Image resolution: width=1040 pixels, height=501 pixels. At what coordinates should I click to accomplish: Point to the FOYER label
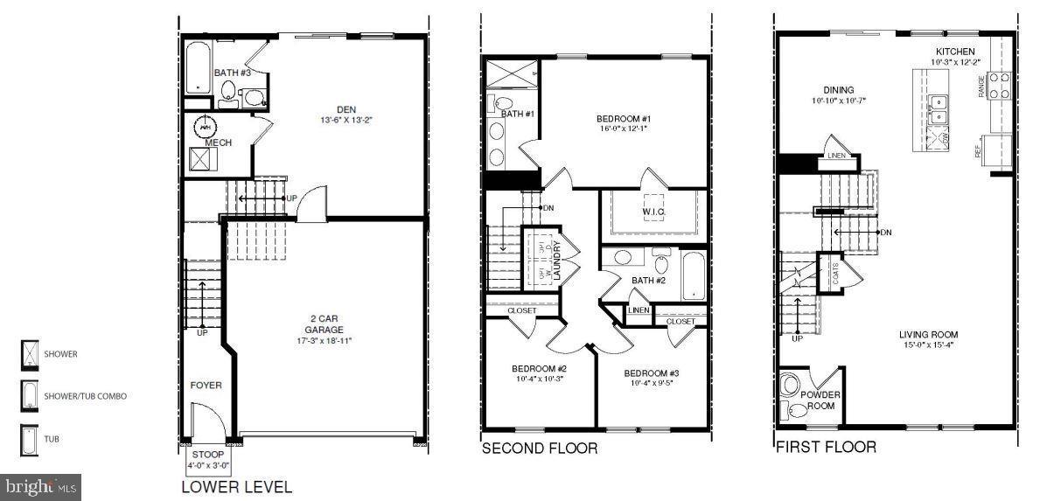click(206, 385)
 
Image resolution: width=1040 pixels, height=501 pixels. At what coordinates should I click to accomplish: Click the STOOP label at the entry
click(207, 455)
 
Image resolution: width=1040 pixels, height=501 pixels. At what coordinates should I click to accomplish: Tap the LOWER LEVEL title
click(236, 487)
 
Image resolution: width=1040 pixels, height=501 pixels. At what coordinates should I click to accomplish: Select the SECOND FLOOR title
click(540, 449)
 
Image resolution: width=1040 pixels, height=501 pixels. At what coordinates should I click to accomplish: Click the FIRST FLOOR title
click(827, 448)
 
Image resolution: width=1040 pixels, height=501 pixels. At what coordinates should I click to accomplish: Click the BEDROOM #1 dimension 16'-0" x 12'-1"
click(624, 129)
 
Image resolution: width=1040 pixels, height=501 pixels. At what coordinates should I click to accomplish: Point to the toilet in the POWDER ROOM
click(792, 385)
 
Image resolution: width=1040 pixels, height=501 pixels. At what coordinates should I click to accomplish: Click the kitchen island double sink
click(939, 108)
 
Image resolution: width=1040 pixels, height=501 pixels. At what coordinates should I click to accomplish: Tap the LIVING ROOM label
click(928, 335)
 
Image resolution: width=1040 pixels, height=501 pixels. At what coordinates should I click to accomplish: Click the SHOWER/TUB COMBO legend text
click(86, 396)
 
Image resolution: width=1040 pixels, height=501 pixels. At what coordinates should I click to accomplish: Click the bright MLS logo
click(42, 484)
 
